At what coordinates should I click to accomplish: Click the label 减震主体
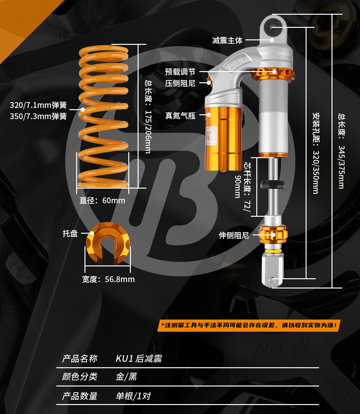(x=227, y=40)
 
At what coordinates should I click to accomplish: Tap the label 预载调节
(x=180, y=72)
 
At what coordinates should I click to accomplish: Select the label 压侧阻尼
(x=180, y=83)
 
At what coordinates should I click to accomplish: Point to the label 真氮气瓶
(x=180, y=116)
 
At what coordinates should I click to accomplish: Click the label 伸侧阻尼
(x=234, y=235)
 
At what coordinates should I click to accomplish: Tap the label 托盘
(x=70, y=233)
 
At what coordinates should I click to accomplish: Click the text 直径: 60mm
(x=102, y=200)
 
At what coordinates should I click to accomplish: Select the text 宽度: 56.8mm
(x=108, y=279)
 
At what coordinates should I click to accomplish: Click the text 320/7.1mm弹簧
(x=38, y=105)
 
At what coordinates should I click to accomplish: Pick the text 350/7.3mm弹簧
(x=38, y=116)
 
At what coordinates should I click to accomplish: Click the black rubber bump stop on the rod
(x=273, y=184)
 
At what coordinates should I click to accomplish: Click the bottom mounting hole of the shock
(x=271, y=280)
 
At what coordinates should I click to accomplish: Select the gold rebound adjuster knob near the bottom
(x=273, y=234)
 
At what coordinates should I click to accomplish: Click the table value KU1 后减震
(x=139, y=359)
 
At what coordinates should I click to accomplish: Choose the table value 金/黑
(x=126, y=377)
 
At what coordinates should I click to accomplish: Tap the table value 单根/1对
(x=133, y=396)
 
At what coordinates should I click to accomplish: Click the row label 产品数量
(x=80, y=396)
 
